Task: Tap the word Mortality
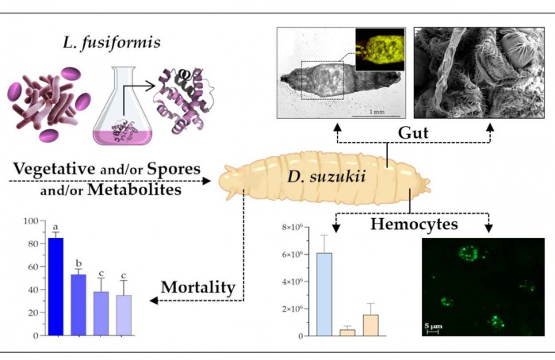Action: coord(199,287)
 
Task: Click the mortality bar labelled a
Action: coord(56,286)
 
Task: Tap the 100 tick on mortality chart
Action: coord(29,221)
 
